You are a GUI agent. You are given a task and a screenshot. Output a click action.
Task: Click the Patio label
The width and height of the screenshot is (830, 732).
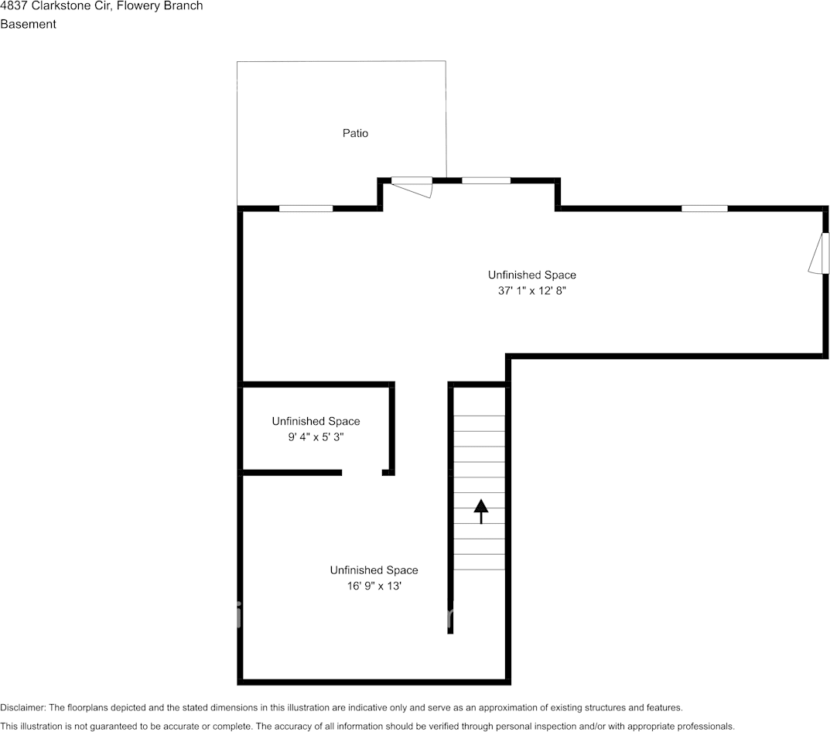355,133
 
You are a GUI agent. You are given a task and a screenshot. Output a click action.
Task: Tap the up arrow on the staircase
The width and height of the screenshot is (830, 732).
481,511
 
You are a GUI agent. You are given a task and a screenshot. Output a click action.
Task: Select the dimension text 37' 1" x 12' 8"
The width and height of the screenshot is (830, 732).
531,291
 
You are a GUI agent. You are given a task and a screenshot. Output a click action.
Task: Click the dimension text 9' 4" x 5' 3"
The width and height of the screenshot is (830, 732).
315,436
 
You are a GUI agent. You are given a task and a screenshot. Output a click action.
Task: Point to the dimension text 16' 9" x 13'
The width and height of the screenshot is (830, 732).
374,586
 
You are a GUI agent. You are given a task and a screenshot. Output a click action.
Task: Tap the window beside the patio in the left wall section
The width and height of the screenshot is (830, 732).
306,208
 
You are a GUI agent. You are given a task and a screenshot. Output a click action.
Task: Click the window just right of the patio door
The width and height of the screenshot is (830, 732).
486,180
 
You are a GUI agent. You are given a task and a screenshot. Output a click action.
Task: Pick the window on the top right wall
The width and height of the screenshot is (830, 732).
704,208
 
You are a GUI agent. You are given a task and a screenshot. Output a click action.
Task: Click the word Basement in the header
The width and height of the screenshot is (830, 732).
28,24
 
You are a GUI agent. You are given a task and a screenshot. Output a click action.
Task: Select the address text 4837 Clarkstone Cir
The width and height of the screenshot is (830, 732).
55,6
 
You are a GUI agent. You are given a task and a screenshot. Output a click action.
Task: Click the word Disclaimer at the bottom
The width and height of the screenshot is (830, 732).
22,707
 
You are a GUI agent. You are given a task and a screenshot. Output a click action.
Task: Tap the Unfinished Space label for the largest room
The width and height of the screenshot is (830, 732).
531,275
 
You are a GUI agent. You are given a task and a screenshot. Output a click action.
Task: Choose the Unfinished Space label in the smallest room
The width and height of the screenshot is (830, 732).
315,421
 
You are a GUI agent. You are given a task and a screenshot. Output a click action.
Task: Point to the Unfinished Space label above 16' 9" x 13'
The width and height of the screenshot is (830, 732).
374,570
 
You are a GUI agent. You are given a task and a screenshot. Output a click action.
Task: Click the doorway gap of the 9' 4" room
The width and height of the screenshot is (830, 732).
362,472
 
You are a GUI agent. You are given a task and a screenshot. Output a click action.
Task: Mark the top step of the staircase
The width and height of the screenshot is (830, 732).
479,408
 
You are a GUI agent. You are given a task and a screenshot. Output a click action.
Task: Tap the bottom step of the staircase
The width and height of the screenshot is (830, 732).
479,563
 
